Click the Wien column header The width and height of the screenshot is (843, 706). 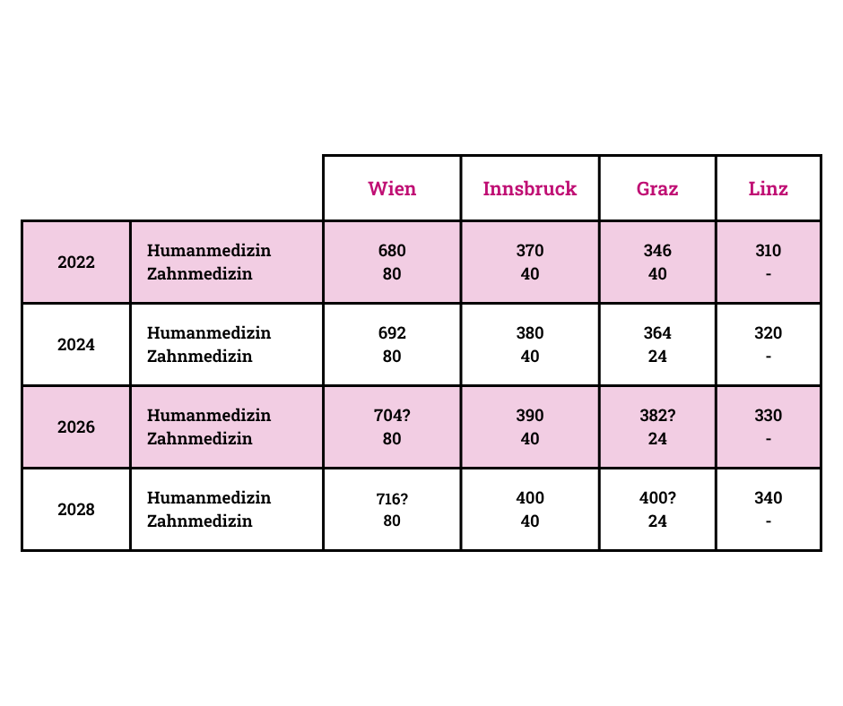pos(392,188)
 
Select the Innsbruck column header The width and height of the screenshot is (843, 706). pos(529,188)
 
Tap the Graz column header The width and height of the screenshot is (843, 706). pos(657,188)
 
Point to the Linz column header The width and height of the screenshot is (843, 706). pos(769,188)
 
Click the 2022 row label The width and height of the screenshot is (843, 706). pos(76,263)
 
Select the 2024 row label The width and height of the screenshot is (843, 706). pos(76,344)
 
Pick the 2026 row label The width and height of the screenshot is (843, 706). pos(76,427)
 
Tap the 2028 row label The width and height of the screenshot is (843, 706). pos(76,510)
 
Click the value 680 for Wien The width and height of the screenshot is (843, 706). pos(392,250)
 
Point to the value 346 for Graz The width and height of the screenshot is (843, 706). pos(657,250)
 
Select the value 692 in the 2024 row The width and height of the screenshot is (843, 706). pos(392,333)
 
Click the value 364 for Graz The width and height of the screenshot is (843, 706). pos(657,333)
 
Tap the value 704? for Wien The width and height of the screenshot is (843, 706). pos(392,416)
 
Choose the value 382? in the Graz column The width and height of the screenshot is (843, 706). pos(657,416)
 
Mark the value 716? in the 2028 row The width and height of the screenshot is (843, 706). pos(392,499)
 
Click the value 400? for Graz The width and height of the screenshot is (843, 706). pos(657,497)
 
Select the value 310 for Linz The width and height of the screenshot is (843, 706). pos(769,250)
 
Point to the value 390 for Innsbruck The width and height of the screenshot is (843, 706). pos(530,416)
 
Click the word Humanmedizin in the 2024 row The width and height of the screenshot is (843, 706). pos(209,333)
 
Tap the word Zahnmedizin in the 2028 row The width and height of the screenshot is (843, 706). pos(199,521)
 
